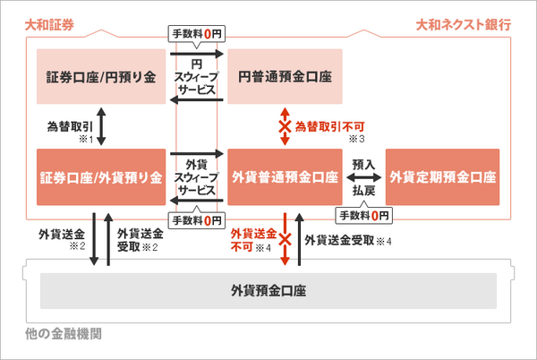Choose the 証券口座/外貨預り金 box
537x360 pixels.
[x=101, y=176]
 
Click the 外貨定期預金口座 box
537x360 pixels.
[x=443, y=176]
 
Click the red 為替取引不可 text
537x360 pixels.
[x=330, y=127]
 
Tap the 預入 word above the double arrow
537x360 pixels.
[x=363, y=165]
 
